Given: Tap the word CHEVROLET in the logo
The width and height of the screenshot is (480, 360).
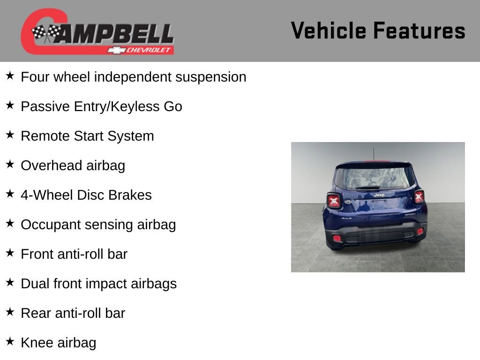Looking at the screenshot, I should pos(150,50).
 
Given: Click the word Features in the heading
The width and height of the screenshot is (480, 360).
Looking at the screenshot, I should pos(419,31).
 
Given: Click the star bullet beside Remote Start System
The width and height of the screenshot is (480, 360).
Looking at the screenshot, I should pos(10,135).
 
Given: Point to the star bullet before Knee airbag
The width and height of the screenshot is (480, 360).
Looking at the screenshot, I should pos(10,342).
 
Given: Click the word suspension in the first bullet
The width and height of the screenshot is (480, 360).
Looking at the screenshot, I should pos(210,77).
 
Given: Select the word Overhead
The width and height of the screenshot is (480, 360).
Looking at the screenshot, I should pos(52,165).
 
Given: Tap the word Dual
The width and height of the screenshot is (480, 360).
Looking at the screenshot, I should pos(35,284).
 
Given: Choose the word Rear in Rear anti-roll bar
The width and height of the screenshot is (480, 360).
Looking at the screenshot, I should pos(35,313).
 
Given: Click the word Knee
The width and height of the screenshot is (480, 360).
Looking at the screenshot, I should pos(37,343).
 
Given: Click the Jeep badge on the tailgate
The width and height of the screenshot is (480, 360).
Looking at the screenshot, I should pos(379,195).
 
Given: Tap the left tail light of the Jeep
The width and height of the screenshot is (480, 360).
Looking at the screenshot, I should pos(334,201).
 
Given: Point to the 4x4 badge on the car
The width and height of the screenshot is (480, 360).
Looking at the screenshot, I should pos(346,218).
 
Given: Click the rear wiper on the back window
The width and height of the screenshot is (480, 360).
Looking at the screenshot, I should pos(368,187).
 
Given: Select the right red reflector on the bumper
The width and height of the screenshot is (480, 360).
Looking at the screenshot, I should pos(420,231).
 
